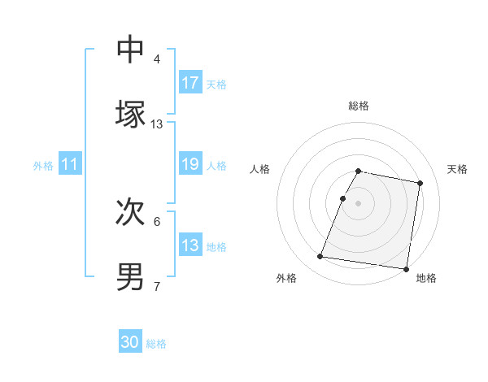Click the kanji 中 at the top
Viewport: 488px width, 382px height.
click(131, 50)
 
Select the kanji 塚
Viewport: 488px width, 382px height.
click(131, 115)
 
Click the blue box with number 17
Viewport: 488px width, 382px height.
click(190, 82)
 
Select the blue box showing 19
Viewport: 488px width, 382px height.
click(190, 164)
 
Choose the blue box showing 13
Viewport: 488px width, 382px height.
click(190, 245)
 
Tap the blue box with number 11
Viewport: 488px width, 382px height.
click(70, 164)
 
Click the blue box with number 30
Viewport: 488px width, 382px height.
click(130, 342)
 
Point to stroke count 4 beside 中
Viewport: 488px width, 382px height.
click(157, 59)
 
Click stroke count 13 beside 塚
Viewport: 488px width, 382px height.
click(157, 124)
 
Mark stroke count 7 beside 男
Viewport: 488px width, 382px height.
click(157, 286)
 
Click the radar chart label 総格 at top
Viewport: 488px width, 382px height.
click(359, 106)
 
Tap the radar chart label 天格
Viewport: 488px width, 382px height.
click(458, 169)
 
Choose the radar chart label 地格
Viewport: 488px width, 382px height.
click(426, 278)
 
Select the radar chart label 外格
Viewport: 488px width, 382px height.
click(286, 278)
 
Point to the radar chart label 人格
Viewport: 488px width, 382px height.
click(260, 169)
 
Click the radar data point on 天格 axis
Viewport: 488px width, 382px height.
click(420, 184)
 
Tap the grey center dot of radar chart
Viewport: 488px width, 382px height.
click(359, 202)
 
